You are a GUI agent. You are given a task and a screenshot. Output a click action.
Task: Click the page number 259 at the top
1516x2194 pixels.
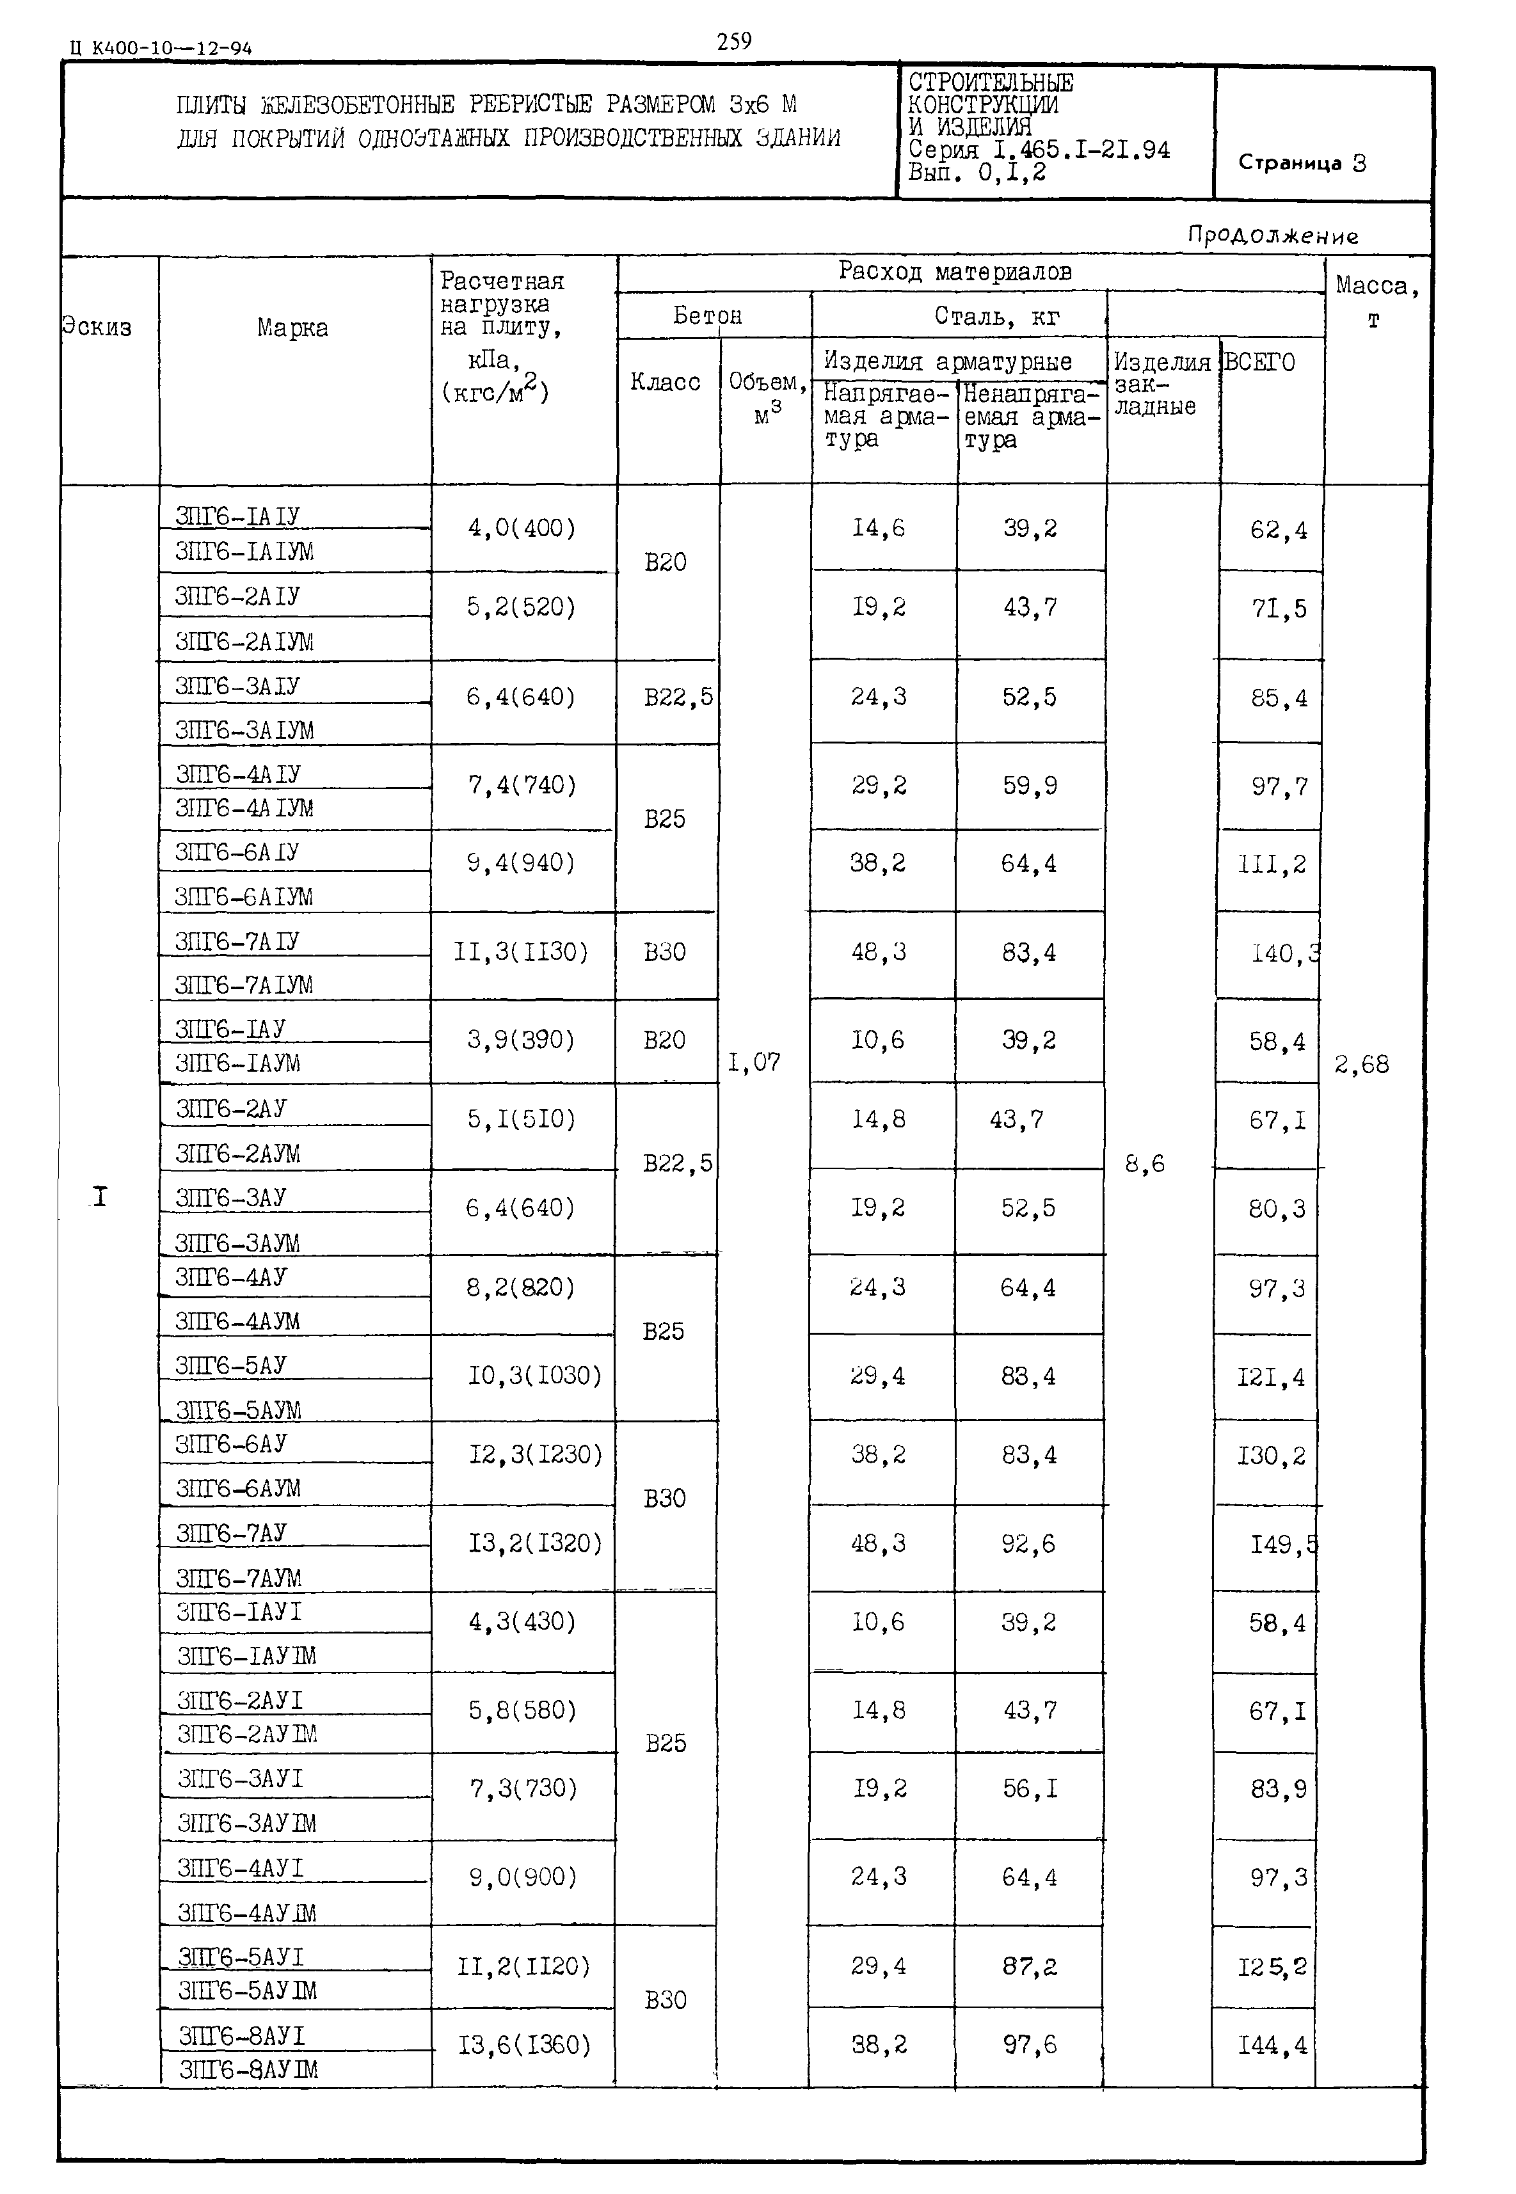(x=733, y=41)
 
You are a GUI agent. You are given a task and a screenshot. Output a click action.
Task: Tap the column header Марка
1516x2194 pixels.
(x=292, y=329)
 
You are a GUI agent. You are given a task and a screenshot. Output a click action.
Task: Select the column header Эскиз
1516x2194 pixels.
(x=97, y=328)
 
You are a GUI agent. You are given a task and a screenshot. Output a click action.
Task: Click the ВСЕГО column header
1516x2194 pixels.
(x=1259, y=363)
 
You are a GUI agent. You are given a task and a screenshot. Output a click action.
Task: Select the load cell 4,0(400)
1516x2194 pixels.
(x=522, y=528)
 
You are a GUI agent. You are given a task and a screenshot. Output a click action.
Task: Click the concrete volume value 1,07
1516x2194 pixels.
(x=754, y=1063)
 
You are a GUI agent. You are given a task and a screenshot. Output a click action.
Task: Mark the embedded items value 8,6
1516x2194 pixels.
(x=1145, y=1163)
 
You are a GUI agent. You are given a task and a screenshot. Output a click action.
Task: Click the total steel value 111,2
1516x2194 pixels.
(x=1272, y=864)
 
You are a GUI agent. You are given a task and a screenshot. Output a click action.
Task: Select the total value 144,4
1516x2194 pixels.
(x=1272, y=2045)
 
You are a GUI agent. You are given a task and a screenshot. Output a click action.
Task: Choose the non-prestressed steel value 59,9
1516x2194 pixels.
(x=1030, y=786)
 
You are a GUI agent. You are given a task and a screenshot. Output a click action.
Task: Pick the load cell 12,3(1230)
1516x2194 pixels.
(x=536, y=1455)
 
